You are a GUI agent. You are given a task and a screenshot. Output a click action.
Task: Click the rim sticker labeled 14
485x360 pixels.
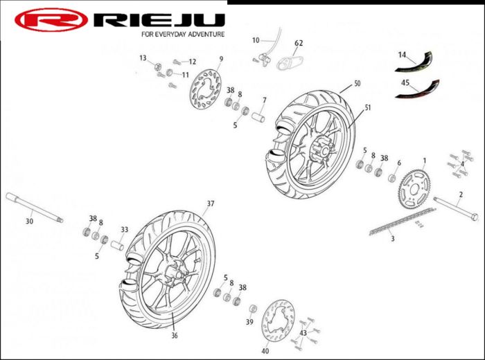coord(414,64)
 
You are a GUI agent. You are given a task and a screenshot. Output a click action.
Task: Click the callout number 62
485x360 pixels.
coord(299,43)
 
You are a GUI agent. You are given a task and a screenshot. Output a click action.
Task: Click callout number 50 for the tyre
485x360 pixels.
coord(357,83)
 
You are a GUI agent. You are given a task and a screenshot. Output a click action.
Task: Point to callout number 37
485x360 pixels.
coord(211,204)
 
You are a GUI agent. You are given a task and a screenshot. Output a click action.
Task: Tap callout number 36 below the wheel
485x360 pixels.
coord(175,336)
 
